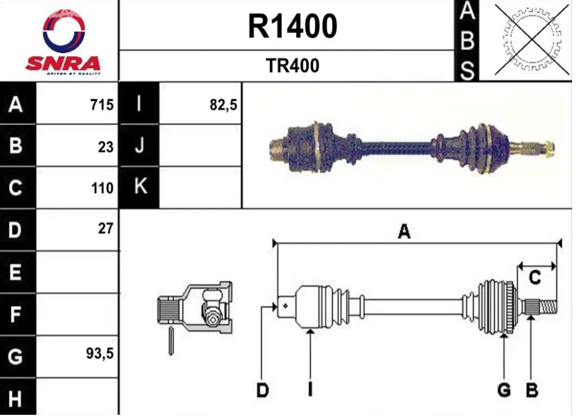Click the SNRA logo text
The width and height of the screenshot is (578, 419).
point(63,63)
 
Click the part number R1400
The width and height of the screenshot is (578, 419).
point(292,26)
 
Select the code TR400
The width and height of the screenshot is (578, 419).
point(292,66)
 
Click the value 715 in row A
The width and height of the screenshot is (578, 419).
point(102,105)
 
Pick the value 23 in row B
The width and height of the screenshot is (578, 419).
point(106,147)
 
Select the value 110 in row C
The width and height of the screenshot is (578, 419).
point(102,188)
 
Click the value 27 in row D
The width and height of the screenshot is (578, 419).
point(106,228)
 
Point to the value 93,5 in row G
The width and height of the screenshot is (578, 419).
point(100,354)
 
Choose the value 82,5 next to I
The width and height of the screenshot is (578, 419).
point(224,105)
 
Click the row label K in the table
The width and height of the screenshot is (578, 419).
point(140,185)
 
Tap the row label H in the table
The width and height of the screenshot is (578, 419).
point(15,398)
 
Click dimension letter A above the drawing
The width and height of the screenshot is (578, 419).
point(405,232)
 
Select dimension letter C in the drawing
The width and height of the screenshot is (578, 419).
point(534,277)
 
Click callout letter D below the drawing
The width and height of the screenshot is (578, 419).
point(262,390)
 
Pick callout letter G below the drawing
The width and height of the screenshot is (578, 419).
point(504,390)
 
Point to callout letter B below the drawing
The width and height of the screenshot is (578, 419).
point(532,390)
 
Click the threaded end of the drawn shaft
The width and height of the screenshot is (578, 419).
point(548,307)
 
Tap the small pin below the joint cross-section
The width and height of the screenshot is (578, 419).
point(171,341)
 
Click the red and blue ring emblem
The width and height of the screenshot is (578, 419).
point(64,31)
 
